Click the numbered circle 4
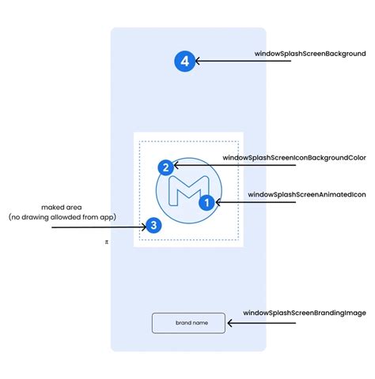[184, 62]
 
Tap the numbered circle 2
[166, 167]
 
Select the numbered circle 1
[206, 202]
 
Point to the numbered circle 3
[153, 225]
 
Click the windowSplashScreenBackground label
[310, 54]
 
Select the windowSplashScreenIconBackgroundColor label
[294, 158]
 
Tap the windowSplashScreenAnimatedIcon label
[307, 194]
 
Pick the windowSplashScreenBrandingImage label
[305, 313]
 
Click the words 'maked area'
[62, 208]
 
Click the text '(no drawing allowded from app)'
[62, 217]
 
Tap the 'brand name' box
[188, 323]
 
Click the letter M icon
[189, 190]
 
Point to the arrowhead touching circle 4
[198, 61]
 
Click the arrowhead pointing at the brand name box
[230, 323]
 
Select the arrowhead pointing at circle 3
[144, 227]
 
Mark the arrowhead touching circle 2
[176, 165]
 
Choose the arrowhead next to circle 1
[218, 202]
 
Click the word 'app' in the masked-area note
[108, 218]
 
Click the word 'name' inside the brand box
[200, 323]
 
